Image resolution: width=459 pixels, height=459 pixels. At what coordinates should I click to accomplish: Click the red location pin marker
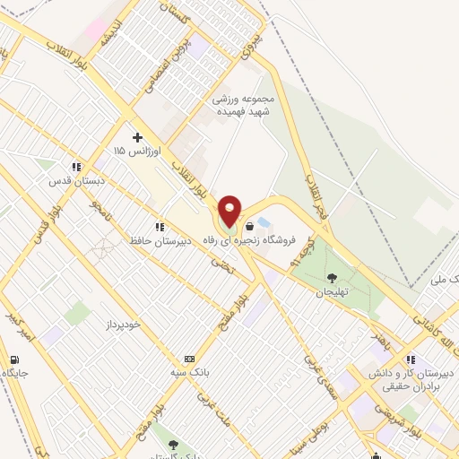(229, 211)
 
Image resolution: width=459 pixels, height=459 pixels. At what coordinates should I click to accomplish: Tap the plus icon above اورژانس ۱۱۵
(136, 137)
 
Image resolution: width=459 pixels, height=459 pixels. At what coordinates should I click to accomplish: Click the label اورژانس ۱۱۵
(132, 152)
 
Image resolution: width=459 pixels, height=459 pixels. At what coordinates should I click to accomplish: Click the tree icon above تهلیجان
(333, 279)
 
